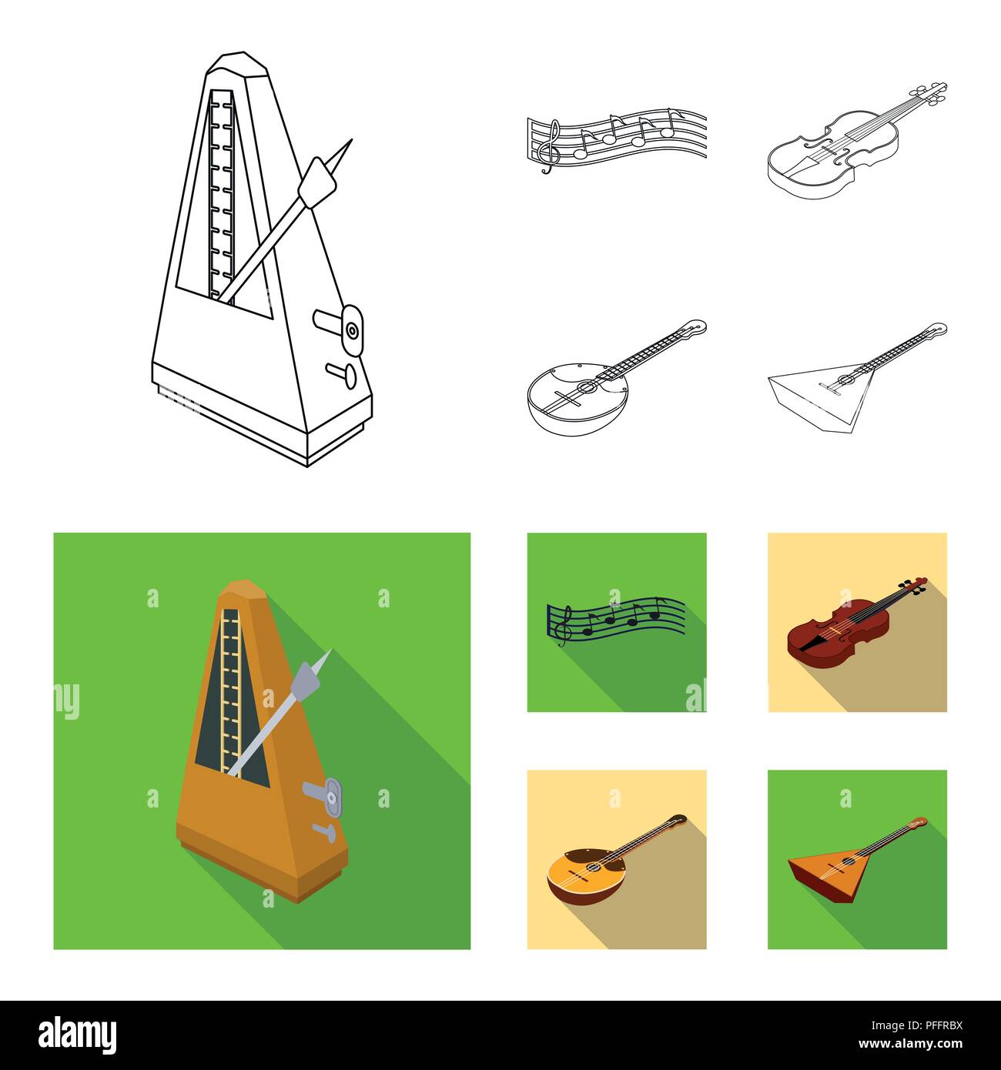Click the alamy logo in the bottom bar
point(78,1034)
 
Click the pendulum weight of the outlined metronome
point(319,182)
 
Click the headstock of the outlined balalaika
point(935,330)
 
